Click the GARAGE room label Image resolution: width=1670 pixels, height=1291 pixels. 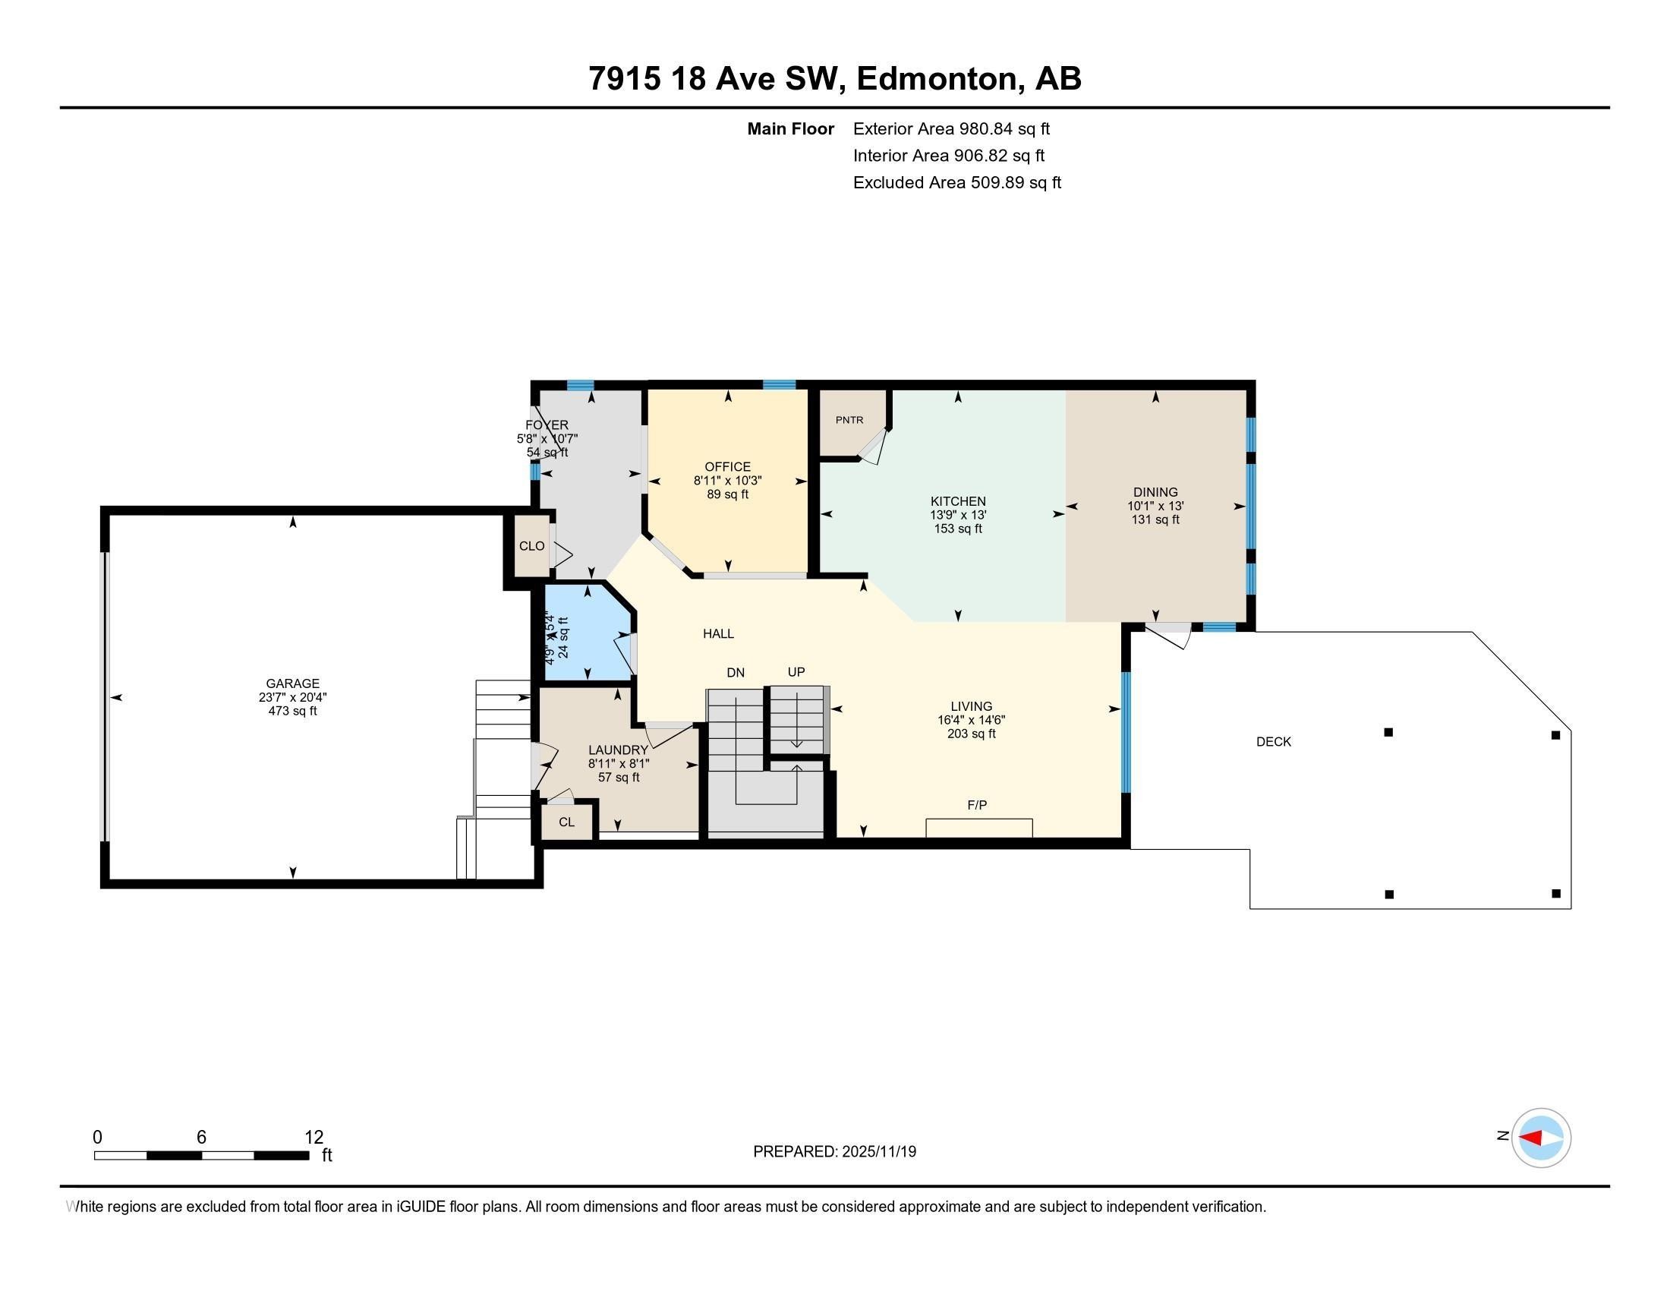292,683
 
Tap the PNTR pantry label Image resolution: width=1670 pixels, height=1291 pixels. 849,420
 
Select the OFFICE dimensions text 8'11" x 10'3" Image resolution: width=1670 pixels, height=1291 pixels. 727,481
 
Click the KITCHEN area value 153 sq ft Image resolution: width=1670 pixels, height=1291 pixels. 957,529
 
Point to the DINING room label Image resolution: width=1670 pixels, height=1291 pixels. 1155,493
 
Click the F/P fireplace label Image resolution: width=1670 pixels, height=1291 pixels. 976,804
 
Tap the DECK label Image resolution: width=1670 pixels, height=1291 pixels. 1273,741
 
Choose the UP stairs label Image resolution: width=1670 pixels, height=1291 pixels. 796,672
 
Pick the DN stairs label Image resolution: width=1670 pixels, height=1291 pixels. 735,673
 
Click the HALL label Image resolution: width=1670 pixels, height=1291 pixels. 718,633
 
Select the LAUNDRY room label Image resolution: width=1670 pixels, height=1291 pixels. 618,750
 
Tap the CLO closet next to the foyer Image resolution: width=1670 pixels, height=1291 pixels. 531,546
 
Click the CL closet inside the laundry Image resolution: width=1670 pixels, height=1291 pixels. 566,822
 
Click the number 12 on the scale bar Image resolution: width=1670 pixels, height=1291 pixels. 314,1138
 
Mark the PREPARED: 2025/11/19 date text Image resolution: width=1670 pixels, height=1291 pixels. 834,1152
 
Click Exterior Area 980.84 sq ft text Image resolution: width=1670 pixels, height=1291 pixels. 951,129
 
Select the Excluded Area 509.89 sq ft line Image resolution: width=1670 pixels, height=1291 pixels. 956,183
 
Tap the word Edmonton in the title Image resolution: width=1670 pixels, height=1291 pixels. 940,79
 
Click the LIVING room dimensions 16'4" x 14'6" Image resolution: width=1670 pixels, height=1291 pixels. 971,721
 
